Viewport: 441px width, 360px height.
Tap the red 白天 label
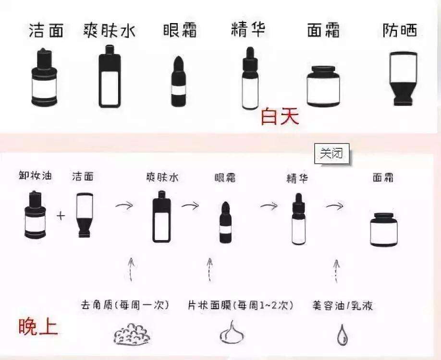tap(280, 117)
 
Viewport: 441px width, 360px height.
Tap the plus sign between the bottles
tap(61, 216)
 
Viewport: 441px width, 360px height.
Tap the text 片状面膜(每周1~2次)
tap(241, 305)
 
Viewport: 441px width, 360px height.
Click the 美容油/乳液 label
tap(342, 305)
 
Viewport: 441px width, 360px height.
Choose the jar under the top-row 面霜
tap(323, 86)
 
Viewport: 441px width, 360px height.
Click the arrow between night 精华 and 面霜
tap(334, 205)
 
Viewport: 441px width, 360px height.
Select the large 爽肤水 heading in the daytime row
tap(109, 30)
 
